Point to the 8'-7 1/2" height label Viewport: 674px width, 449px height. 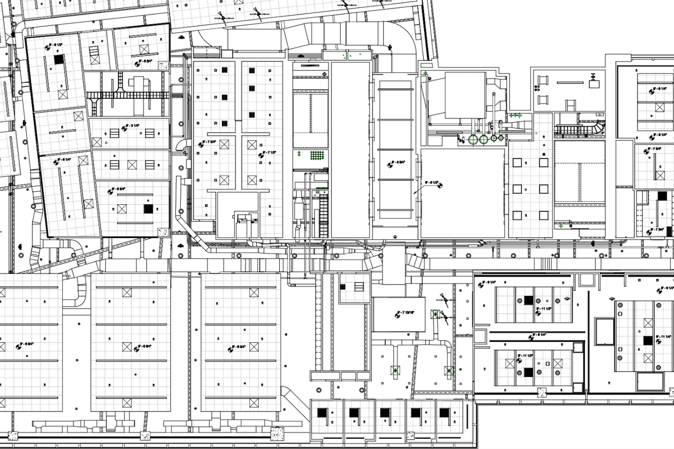coord(269,153)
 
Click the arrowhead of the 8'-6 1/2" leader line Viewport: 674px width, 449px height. coord(414,193)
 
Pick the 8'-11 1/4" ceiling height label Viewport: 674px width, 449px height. coord(666,336)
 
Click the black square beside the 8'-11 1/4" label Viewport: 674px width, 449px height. coord(648,340)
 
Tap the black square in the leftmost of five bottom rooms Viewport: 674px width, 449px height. coord(322,413)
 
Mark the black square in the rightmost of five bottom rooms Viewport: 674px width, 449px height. coord(444,413)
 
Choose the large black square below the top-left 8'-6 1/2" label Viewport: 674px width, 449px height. coord(58,58)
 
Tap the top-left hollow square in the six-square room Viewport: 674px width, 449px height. coord(517,162)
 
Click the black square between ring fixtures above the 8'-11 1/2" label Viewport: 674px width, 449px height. coord(528,300)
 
